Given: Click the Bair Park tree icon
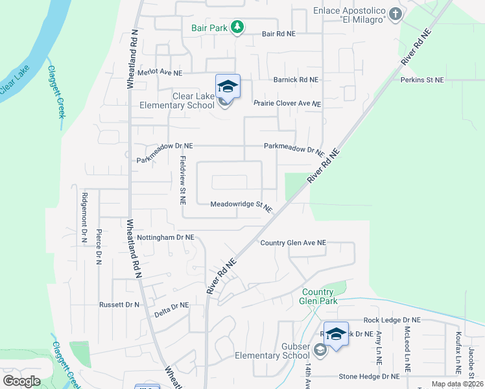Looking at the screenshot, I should [x=238, y=27].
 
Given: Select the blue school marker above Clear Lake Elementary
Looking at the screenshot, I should [x=228, y=86].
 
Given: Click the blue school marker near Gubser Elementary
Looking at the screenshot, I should [x=336, y=335].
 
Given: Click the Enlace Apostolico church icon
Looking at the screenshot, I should [x=395, y=14].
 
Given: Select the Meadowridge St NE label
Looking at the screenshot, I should [x=241, y=205].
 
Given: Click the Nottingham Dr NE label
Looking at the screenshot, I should [x=166, y=238].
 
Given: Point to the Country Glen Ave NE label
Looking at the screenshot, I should [x=293, y=243].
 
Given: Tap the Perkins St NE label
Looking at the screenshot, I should [x=422, y=80].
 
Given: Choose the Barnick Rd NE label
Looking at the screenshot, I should [x=296, y=80].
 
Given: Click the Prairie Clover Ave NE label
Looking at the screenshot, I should [x=287, y=104].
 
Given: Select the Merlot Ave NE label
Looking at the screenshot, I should [x=160, y=73].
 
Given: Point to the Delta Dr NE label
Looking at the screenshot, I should [x=171, y=305].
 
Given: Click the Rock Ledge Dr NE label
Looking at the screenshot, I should [x=392, y=320].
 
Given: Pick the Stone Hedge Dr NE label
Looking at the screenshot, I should [x=369, y=376].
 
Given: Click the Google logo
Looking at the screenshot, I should [x=21, y=381].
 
